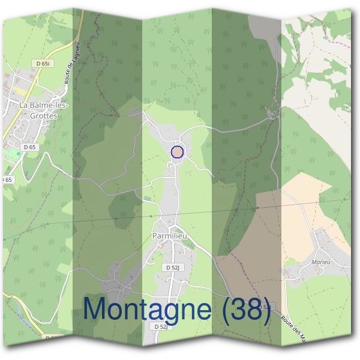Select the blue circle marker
click(177, 152)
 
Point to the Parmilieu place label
click(170, 236)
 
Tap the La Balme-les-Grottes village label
click(44, 111)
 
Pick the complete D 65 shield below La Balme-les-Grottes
click(30, 146)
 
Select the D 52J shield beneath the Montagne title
click(160, 327)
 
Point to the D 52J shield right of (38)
click(268, 307)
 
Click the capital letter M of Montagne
click(96, 308)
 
